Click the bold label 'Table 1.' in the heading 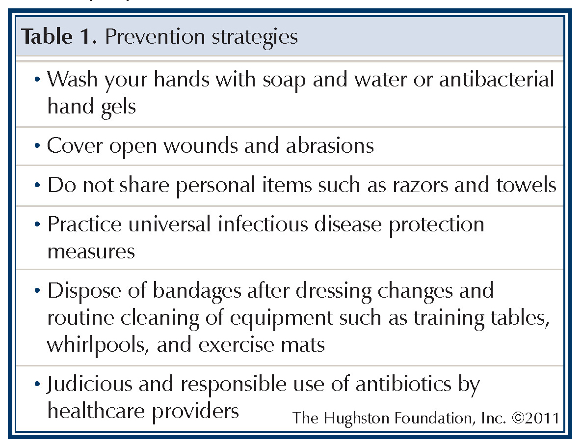[x=59, y=37]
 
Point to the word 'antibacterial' [x=496, y=80]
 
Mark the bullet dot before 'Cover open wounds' [x=38, y=146]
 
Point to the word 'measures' [x=91, y=252]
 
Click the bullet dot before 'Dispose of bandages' [x=38, y=291]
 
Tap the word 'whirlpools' [x=99, y=344]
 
